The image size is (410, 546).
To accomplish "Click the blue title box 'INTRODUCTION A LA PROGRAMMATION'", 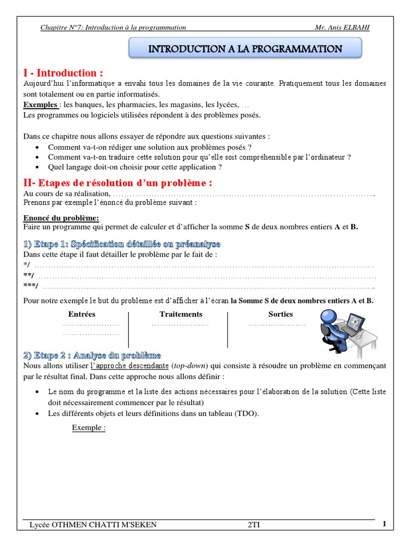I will [x=245, y=49].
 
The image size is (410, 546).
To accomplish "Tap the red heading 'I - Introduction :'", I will [x=63, y=73].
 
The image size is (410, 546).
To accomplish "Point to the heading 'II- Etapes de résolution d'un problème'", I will [x=117, y=183].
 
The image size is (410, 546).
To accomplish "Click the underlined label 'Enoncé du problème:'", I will [x=61, y=218].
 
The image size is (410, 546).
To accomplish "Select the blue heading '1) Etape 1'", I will [x=122, y=244].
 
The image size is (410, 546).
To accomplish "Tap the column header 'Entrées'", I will [x=82, y=315].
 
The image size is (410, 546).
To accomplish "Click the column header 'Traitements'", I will [x=181, y=315].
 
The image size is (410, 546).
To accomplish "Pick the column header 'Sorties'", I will [x=281, y=315].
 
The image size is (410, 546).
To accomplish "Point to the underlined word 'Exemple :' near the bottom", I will [x=89, y=428].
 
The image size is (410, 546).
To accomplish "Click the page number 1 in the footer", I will [x=384, y=524].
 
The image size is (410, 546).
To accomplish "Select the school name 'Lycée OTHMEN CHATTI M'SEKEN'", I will [x=93, y=525].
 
